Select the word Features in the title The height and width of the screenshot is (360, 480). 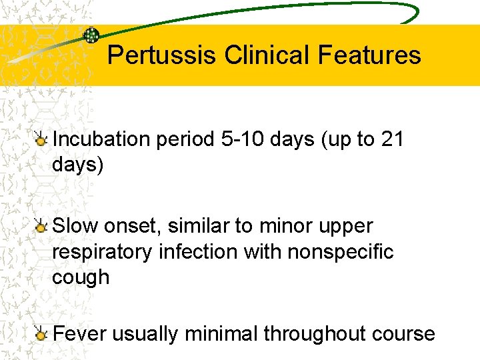pos(369,55)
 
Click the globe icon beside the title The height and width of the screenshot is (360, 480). pos(91,35)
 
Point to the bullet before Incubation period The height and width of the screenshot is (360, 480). pos(42,140)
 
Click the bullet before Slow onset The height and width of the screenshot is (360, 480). pos(42,227)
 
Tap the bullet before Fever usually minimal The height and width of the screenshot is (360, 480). pos(42,334)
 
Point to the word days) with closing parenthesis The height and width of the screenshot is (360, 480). pos(78,165)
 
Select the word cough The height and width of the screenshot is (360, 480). pos(81,277)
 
